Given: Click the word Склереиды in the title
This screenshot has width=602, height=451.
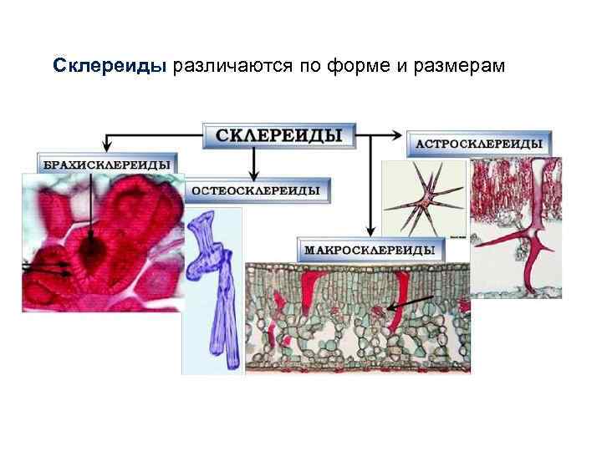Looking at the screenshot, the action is click(111, 65).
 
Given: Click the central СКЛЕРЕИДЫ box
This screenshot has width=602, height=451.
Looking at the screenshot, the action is click(279, 136).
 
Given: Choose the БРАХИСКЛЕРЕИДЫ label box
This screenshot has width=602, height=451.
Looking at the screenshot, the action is click(109, 165).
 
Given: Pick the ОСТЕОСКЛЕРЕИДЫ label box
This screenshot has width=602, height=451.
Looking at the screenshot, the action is click(256, 190).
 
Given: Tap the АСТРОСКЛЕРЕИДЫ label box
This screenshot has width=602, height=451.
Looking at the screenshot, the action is click(479, 144).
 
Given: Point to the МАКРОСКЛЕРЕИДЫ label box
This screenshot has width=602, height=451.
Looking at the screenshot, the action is click(369, 250).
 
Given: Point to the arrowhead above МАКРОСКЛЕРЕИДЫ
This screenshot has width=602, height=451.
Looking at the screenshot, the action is click(370, 232).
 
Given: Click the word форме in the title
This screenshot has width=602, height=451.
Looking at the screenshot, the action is click(357, 65).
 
